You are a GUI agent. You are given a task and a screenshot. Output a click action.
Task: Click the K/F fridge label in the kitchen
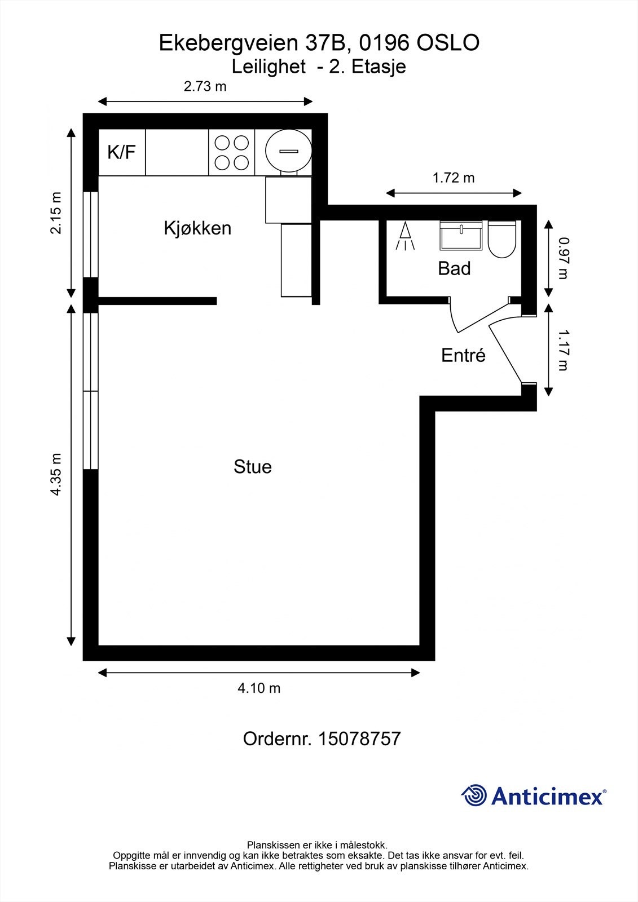pos(121,152)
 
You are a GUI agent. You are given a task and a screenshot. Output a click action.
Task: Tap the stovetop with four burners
pos(231,152)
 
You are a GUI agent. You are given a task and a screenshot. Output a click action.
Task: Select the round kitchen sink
pos(289,151)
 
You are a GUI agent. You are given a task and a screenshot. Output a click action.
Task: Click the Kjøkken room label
pos(197,228)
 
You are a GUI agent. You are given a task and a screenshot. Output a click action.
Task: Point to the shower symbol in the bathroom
pos(405,236)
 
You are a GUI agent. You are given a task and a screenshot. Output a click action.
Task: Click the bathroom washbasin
pos(461,235)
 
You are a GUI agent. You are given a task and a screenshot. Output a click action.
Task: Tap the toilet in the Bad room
pos(502,239)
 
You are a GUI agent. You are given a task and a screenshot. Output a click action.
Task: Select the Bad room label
pos(454,268)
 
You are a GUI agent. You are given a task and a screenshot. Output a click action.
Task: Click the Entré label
pos(463,355)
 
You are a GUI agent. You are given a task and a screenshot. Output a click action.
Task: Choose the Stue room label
pos(253,467)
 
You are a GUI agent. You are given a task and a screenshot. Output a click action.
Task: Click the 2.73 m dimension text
pos(205,86)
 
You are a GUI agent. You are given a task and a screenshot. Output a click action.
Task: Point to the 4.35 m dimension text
pos(56,474)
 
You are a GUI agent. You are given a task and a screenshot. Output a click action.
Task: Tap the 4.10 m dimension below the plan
pos(259,688)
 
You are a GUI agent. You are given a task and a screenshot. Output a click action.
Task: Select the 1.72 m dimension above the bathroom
pos(454,178)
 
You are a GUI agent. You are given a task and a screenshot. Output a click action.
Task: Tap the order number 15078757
pos(359,739)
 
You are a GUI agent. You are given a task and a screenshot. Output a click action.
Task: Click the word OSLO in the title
pos(448,43)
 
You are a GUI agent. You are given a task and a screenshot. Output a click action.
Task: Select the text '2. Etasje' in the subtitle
pos(368,67)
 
